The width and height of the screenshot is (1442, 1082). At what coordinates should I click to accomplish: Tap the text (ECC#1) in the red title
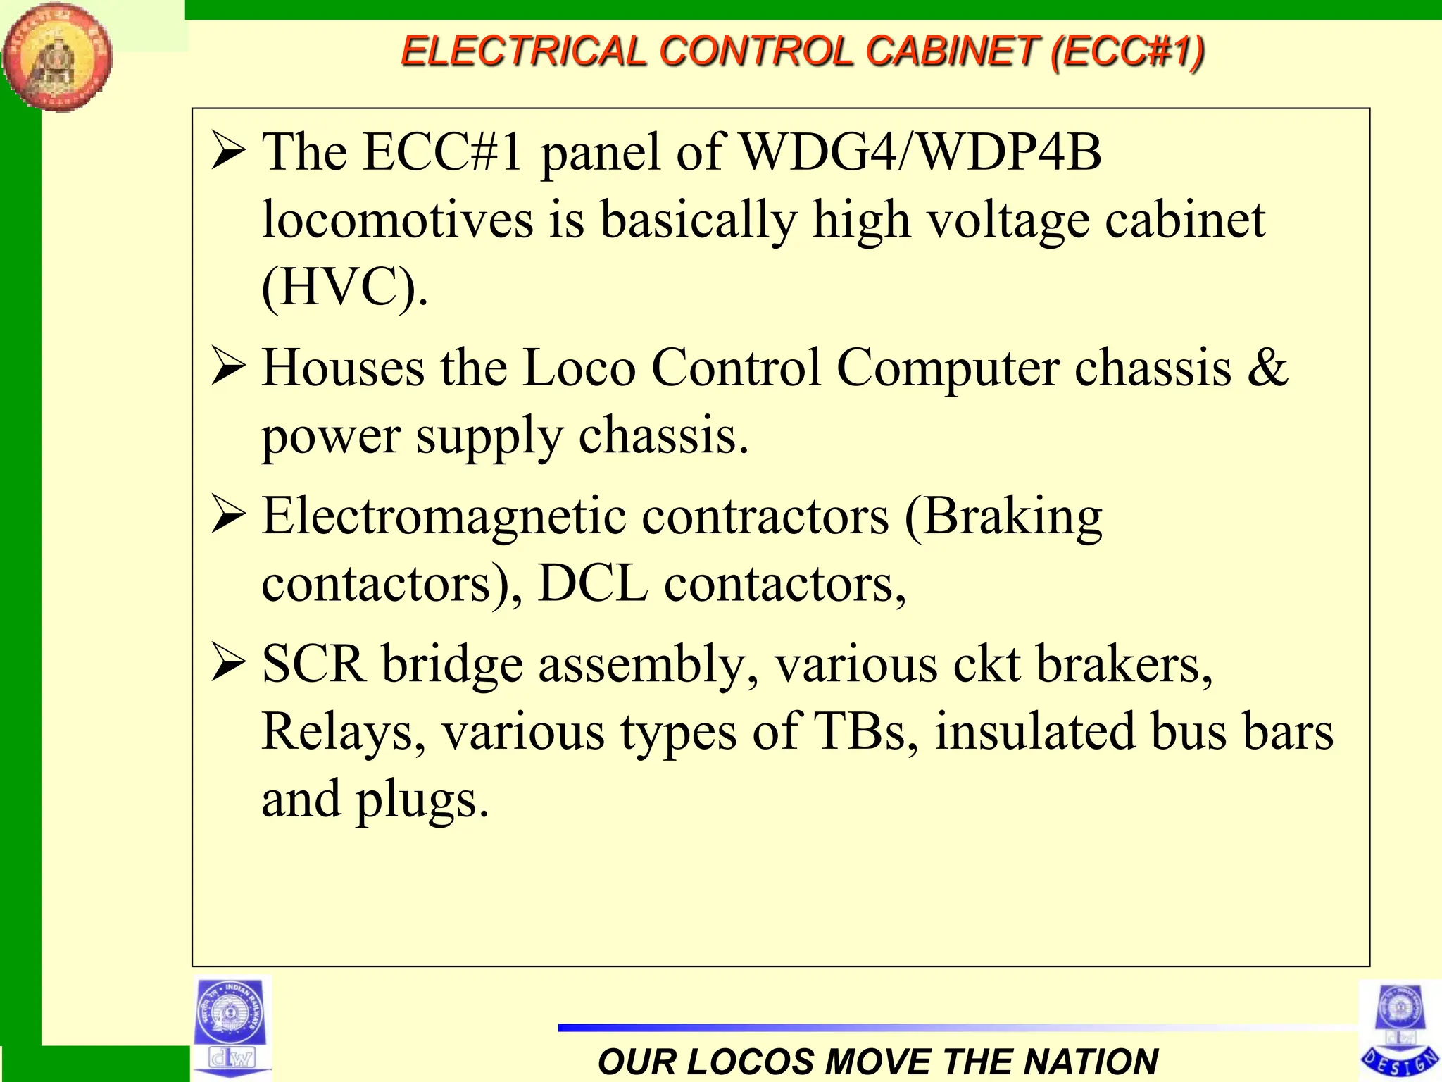(x=1127, y=51)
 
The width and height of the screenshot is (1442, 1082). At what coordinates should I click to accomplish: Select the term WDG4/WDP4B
(x=921, y=152)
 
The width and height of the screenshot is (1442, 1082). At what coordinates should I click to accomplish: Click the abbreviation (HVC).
(x=344, y=287)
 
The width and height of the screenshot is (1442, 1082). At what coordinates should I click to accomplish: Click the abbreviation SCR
(x=314, y=664)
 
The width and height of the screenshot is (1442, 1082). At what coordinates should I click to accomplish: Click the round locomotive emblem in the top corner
(x=57, y=56)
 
